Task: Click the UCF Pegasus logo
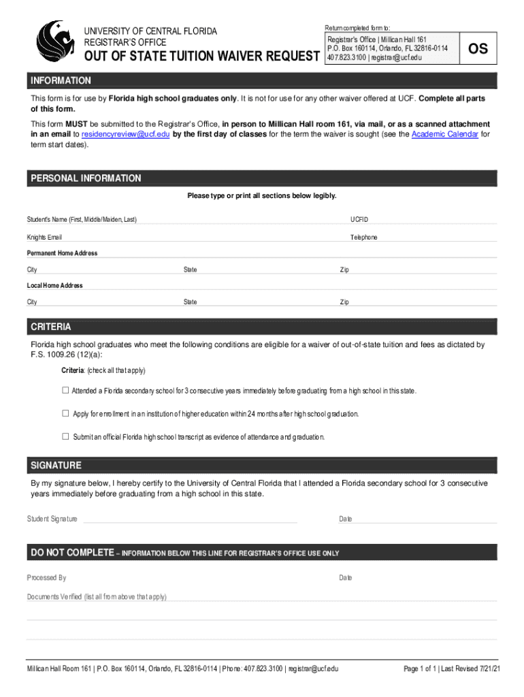(x=55, y=42)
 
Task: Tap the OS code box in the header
(x=478, y=49)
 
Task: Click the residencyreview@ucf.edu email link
(x=125, y=134)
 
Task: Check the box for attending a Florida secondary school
(x=66, y=391)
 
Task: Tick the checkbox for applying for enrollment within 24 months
(x=66, y=413)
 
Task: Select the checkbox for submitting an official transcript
(x=66, y=436)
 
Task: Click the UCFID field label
(x=359, y=220)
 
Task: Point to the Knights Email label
(x=44, y=238)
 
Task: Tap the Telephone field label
(x=363, y=238)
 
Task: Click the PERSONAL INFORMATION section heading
(x=86, y=178)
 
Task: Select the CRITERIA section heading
(x=51, y=327)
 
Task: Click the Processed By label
(x=46, y=578)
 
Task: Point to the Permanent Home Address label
(x=62, y=253)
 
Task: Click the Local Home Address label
(x=54, y=286)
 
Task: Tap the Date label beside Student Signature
(x=346, y=519)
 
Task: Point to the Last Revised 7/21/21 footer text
(x=470, y=669)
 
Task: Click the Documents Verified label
(x=97, y=597)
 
